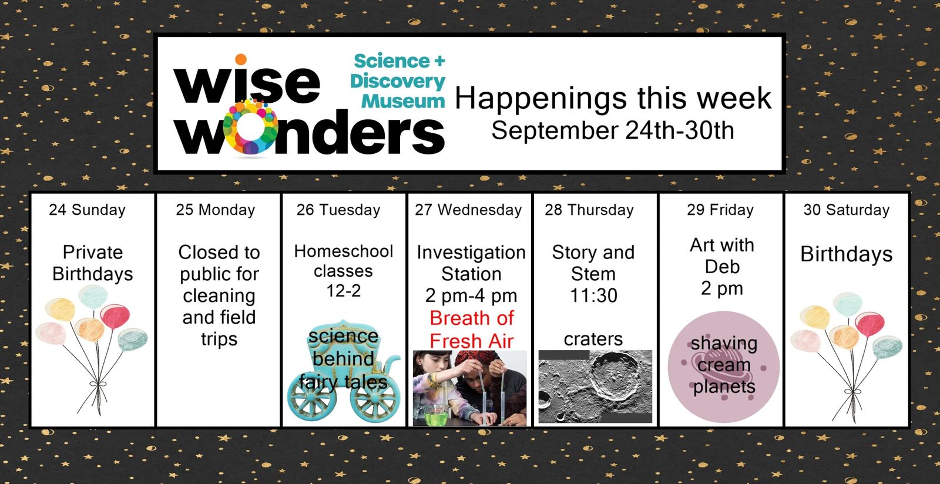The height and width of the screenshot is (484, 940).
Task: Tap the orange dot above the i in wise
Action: coord(241,59)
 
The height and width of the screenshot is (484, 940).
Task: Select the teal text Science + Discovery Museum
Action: coord(398,81)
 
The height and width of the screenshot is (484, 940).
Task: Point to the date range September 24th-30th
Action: coord(613,130)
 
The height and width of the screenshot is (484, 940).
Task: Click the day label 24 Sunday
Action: coord(88,210)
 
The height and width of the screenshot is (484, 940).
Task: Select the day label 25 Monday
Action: coord(215,210)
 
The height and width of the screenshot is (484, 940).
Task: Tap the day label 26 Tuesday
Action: coord(338,210)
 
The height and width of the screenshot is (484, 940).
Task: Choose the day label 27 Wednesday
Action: coord(468,210)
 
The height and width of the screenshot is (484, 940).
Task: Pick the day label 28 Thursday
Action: coord(589,210)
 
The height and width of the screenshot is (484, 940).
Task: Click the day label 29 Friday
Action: coord(720,210)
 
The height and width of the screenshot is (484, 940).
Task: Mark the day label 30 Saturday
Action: coord(847,210)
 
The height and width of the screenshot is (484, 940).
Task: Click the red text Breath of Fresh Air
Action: coord(472,330)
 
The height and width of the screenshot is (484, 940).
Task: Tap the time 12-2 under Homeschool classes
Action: coord(344,291)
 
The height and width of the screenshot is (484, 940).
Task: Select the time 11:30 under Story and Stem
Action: coord(593,295)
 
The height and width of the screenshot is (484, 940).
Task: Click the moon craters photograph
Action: coord(595,386)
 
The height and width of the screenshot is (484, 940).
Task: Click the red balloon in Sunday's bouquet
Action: coord(115,317)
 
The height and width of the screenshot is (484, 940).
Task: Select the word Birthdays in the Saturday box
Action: coord(847,254)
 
